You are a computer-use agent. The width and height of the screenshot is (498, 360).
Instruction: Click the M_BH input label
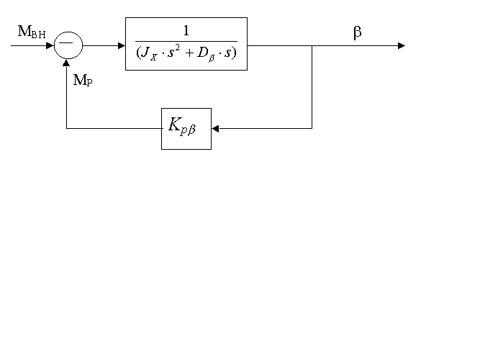pos(32,32)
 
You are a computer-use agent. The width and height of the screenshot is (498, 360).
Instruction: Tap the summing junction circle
pos(69,45)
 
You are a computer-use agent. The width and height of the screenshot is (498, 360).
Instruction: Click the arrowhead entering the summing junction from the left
pos(51,45)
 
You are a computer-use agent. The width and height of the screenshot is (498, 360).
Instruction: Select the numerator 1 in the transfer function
pos(186,31)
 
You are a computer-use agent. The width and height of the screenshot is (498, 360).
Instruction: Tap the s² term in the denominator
pos(176,54)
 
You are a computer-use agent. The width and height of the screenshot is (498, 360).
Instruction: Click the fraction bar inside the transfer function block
pos(186,42)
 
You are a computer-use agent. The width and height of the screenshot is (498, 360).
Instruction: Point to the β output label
pos(357,32)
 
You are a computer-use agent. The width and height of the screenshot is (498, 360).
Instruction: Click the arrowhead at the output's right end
pos(402,45)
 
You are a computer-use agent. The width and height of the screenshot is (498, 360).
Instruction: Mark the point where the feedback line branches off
pos(312,45)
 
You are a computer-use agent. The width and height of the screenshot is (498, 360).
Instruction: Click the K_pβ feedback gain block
pos(186,128)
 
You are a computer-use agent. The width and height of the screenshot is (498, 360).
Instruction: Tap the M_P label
pos(83,80)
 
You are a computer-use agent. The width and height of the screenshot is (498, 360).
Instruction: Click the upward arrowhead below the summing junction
pos(66,63)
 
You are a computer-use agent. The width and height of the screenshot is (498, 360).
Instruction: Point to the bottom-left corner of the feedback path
pos(66,128)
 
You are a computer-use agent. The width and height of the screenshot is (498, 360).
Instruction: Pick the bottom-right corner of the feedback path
pos(312,128)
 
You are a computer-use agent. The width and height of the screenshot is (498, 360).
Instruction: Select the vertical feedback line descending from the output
pos(312,86)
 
